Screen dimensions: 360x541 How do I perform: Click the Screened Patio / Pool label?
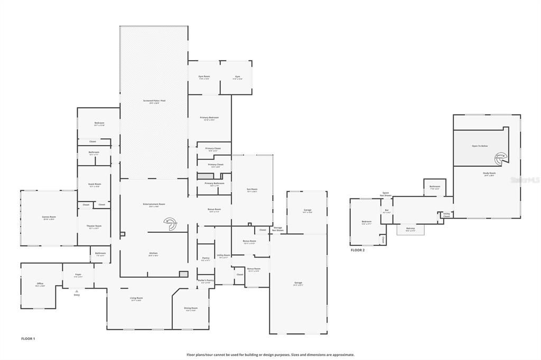[x=154, y=100]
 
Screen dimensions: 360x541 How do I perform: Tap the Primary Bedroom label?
[x=209, y=117]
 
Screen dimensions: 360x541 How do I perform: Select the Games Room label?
[x=49, y=217]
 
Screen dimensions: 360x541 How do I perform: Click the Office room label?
[x=40, y=283]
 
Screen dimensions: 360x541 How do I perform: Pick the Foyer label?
[x=78, y=274]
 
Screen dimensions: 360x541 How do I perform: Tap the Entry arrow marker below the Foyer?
[x=77, y=291]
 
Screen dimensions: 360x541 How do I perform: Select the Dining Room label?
[x=191, y=308]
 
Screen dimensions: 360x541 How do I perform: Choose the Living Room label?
[x=136, y=298]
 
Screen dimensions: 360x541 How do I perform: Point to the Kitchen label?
[x=153, y=253]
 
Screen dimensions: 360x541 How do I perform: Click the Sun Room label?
[x=252, y=189]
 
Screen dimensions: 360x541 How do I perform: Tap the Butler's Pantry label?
[x=206, y=280]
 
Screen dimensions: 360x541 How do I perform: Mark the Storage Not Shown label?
[x=277, y=229]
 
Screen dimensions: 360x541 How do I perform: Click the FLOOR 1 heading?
[x=28, y=338]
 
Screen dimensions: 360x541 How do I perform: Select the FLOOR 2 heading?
[x=358, y=250]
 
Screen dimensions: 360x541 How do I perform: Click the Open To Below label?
[x=480, y=146]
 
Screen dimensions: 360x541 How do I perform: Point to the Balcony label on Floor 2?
[x=410, y=229]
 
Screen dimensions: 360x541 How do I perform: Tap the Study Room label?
[x=489, y=173]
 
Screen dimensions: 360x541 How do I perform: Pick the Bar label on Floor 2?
[x=387, y=211]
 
